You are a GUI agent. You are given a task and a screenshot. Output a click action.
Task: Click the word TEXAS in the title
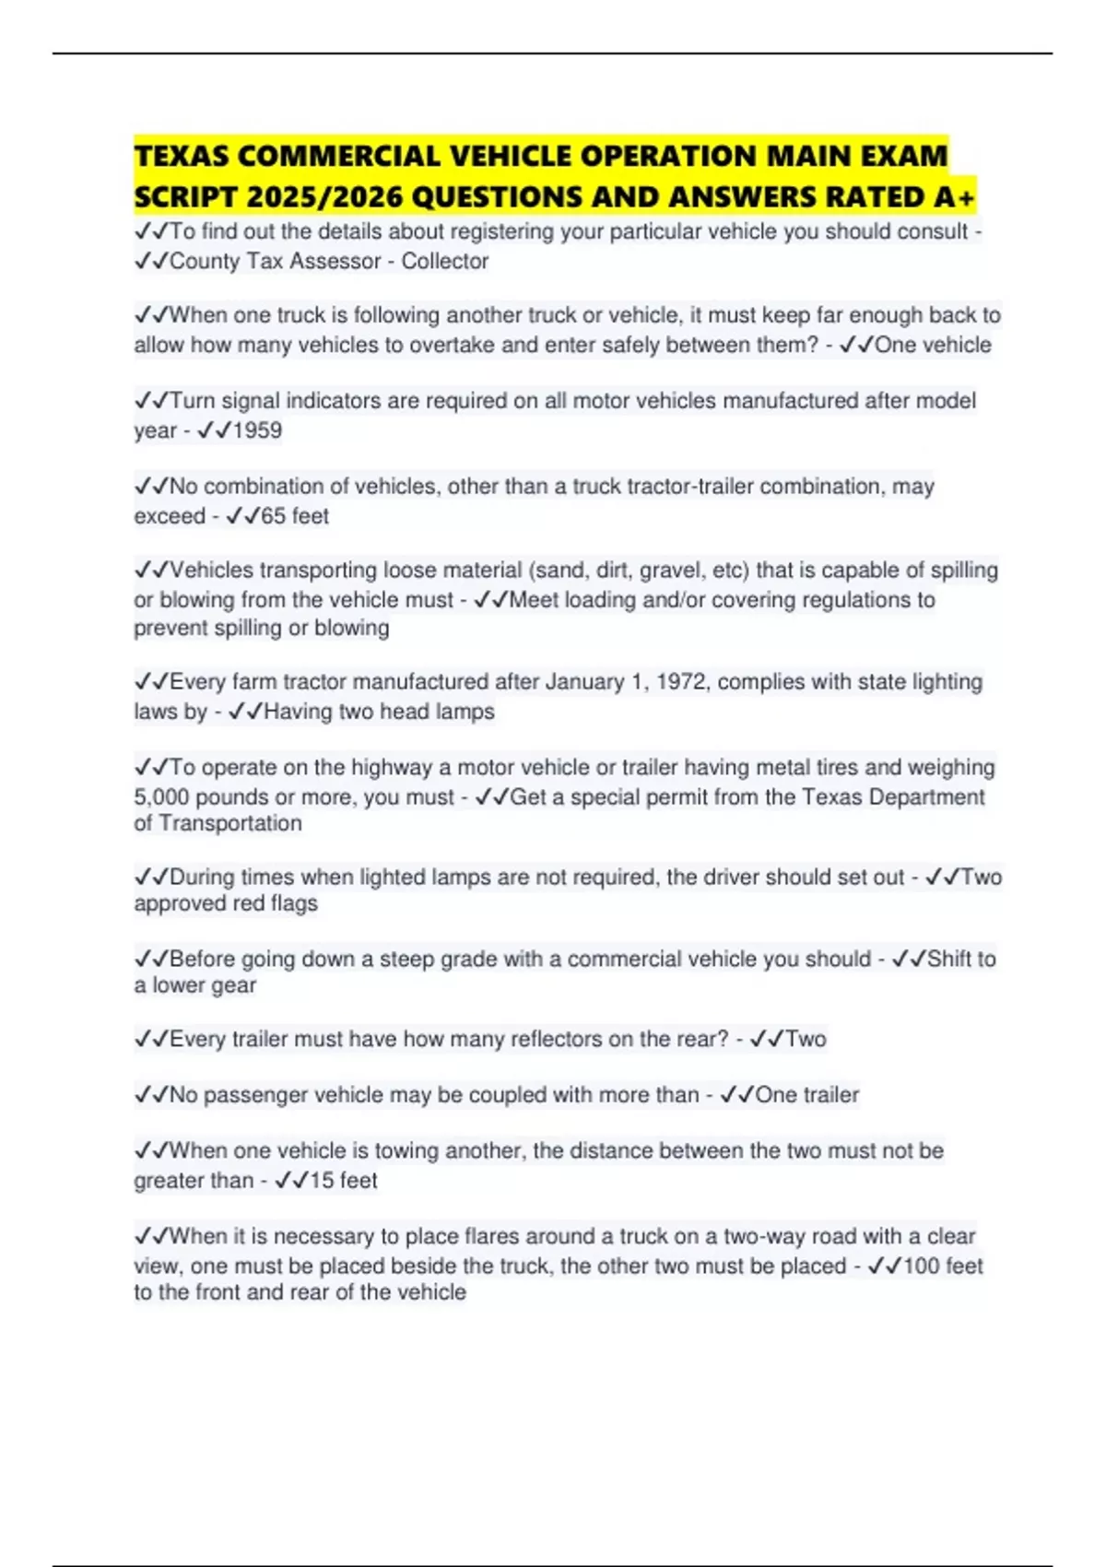coord(182,156)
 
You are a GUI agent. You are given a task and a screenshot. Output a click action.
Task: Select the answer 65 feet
coord(294,516)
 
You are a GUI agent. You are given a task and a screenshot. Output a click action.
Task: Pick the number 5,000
coord(161,796)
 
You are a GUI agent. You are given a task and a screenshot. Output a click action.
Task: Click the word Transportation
coord(230,823)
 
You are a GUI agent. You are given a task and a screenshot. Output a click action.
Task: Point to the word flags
coord(294,903)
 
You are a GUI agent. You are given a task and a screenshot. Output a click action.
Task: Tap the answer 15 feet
coord(343,1181)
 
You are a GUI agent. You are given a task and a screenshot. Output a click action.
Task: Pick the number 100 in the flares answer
coord(921,1266)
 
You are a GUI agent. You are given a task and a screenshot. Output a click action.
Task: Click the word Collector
coord(444,261)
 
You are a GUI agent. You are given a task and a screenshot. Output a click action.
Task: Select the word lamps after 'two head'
coord(465,712)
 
